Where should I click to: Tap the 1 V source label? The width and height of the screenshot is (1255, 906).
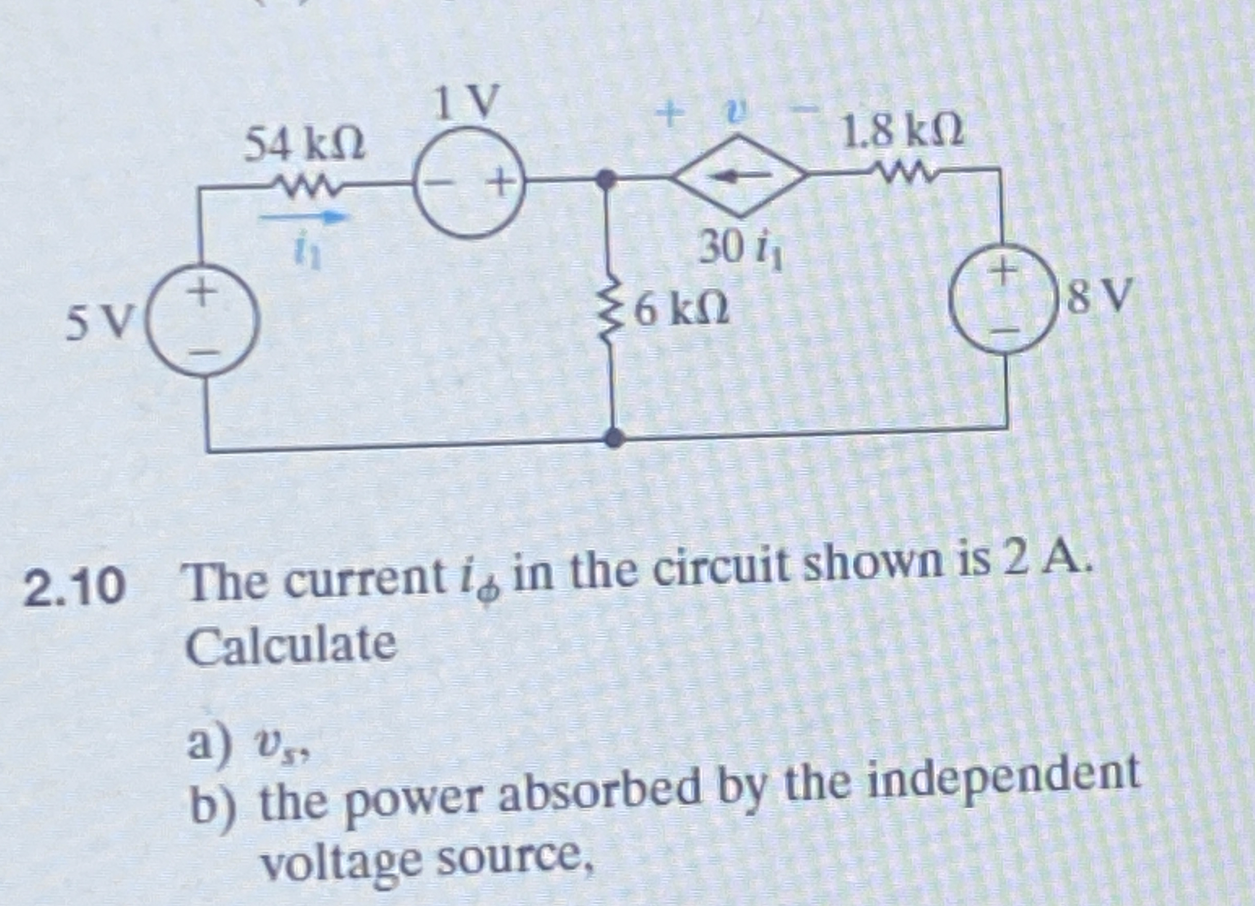click(466, 102)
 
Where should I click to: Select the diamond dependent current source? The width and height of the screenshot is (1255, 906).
click(739, 176)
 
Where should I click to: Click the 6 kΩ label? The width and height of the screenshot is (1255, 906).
click(682, 310)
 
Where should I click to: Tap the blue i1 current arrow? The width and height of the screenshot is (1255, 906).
click(305, 217)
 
